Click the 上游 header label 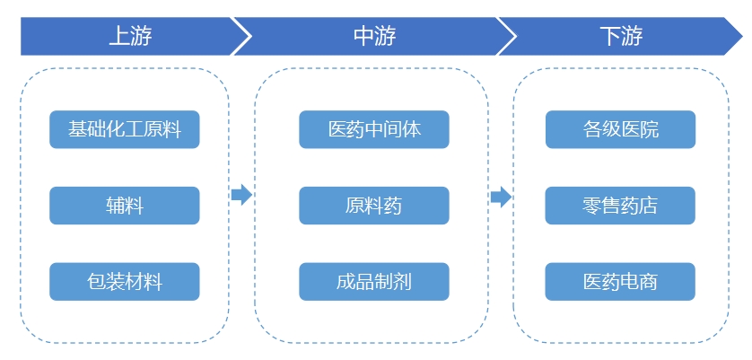[130, 37]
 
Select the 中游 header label [374, 37]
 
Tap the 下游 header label [620, 37]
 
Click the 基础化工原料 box [125, 129]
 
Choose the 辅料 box [125, 206]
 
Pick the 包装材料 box [125, 282]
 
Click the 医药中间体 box [374, 129]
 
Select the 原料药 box [374, 206]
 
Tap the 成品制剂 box [374, 282]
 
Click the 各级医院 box [620, 129]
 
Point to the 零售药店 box [620, 206]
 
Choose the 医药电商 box [620, 282]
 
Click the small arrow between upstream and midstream [241, 195]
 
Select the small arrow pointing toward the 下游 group [501, 197]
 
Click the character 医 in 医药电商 [592, 282]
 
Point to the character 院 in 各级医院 [649, 129]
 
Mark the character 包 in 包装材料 [97, 282]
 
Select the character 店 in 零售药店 [649, 206]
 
